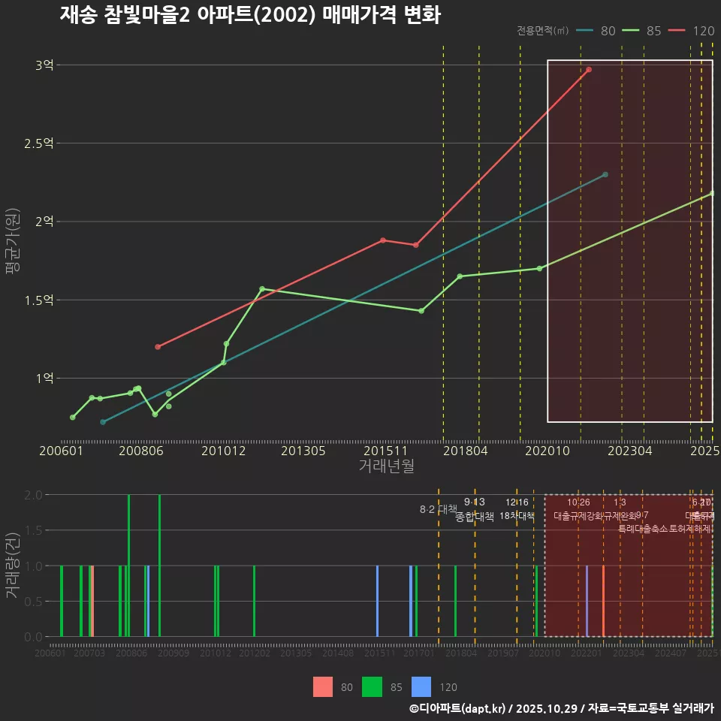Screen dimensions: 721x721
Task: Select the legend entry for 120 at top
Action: pyautogui.click(x=691, y=31)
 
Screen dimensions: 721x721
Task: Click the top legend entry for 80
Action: pyautogui.click(x=596, y=31)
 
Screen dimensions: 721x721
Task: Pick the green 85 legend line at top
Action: pyautogui.click(x=642, y=31)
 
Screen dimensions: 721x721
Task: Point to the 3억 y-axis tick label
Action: pyautogui.click(x=44, y=65)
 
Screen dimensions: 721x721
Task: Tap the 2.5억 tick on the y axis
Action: pyautogui.click(x=40, y=143)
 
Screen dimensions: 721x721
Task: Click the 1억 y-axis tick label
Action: pyautogui.click(x=44, y=379)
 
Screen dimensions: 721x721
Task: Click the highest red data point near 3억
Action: pyautogui.click(x=589, y=70)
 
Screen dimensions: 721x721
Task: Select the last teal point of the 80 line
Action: pyautogui.click(x=605, y=175)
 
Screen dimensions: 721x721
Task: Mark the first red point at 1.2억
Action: pyautogui.click(x=158, y=347)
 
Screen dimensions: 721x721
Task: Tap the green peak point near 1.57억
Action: pyautogui.click(x=261, y=289)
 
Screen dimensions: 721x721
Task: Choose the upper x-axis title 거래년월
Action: pyautogui.click(x=386, y=466)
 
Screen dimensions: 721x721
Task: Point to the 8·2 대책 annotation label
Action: pyautogui.click(x=438, y=509)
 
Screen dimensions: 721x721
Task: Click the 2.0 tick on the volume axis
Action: pyautogui.click(x=33, y=495)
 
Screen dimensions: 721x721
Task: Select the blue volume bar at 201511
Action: pyautogui.click(x=377, y=601)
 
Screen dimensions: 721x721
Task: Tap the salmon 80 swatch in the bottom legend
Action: pyautogui.click(x=323, y=686)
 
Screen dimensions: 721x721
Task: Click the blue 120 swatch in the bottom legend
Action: pyautogui.click(x=422, y=686)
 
